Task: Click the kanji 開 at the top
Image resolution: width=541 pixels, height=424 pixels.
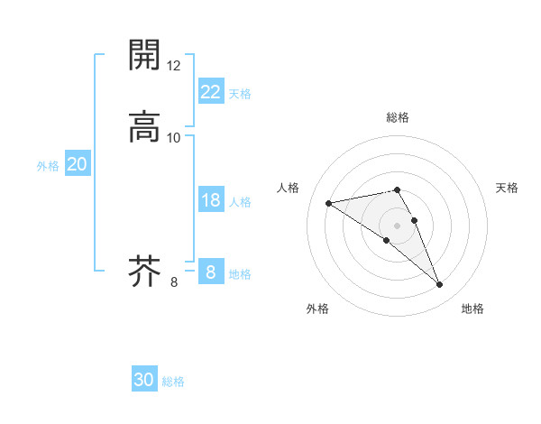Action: (x=144, y=55)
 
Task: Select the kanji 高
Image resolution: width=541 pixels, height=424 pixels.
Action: (x=144, y=125)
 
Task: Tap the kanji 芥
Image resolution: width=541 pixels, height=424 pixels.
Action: (x=144, y=271)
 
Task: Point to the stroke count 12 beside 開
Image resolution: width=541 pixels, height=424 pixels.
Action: (x=174, y=66)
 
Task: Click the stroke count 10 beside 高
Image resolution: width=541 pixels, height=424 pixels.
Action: (x=174, y=137)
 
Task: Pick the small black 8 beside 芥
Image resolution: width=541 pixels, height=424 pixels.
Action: (x=174, y=282)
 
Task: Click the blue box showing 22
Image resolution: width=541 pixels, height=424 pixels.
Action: (x=211, y=92)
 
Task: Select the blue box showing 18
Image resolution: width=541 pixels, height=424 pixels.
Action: (x=211, y=200)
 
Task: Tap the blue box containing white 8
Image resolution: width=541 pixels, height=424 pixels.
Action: (x=211, y=272)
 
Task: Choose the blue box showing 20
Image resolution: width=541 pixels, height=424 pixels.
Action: (x=78, y=164)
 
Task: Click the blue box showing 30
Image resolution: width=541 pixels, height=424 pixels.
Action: (x=144, y=380)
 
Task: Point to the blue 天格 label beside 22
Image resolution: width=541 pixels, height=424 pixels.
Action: (x=240, y=94)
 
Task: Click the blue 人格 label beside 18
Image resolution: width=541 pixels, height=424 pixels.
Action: (x=240, y=202)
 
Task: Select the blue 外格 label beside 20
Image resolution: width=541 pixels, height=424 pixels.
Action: (x=48, y=166)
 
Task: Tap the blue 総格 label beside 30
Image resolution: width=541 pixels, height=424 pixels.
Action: (x=173, y=382)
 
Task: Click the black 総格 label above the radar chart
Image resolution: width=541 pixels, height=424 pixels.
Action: (x=398, y=117)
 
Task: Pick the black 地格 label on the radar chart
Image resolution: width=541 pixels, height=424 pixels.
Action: (x=472, y=309)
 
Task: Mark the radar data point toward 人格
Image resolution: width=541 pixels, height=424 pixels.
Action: (x=329, y=202)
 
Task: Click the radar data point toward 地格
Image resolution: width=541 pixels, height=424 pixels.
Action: (x=440, y=285)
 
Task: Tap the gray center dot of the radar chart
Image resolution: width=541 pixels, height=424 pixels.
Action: (x=398, y=225)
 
